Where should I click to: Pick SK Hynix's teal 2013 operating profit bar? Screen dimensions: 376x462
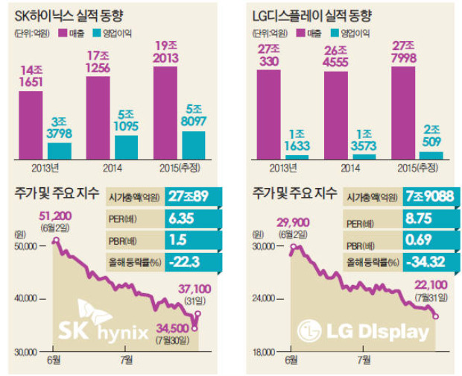[x=60, y=150]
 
